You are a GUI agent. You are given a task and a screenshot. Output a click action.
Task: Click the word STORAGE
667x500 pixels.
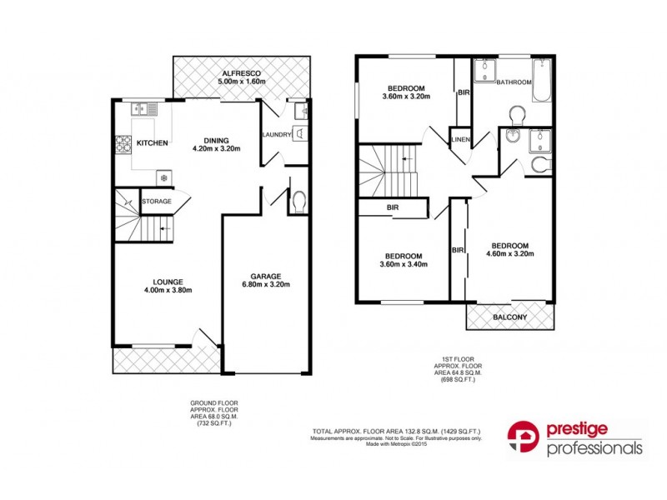[157, 201]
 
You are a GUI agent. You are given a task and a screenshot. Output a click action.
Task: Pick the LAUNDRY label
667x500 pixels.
[275, 135]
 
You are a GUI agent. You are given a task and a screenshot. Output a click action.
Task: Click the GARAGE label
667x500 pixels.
[267, 277]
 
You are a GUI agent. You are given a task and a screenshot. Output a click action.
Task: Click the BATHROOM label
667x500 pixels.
[514, 82]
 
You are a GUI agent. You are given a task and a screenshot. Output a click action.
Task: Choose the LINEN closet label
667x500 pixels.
[459, 139]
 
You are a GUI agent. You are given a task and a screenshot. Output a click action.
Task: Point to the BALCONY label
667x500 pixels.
[509, 317]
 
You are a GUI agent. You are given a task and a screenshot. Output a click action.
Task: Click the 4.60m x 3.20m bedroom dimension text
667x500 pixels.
[510, 254]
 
